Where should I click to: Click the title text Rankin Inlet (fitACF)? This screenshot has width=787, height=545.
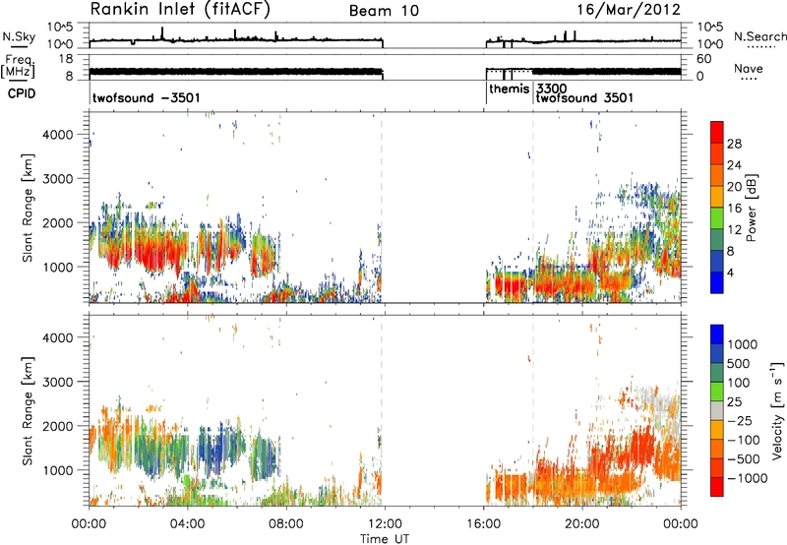tap(180, 10)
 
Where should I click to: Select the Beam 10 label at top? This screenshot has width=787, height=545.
tap(384, 11)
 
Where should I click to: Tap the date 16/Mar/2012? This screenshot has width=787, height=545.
tap(629, 10)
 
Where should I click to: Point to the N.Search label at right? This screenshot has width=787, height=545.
tap(759, 36)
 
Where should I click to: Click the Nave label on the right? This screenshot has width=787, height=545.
tap(749, 69)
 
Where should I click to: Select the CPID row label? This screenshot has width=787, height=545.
tap(22, 93)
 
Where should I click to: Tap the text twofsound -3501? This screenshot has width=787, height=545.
tap(146, 97)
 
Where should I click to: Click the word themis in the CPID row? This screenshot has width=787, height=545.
tap(509, 89)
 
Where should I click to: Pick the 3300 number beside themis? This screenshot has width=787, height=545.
tap(552, 89)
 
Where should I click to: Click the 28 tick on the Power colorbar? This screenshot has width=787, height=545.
tap(734, 144)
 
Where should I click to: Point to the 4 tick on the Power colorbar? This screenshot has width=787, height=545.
tap(731, 272)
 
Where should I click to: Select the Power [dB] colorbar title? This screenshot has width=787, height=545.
tap(751, 208)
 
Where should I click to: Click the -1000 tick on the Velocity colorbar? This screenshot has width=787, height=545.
tap(747, 478)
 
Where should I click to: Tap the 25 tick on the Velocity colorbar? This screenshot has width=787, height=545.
tap(734, 402)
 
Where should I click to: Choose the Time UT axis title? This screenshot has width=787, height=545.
tap(385, 539)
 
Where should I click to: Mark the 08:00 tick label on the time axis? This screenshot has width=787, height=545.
tap(286, 524)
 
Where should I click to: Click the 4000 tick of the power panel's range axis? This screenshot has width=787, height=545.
tap(58, 135)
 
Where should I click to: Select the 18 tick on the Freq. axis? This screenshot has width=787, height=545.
tap(66, 59)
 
